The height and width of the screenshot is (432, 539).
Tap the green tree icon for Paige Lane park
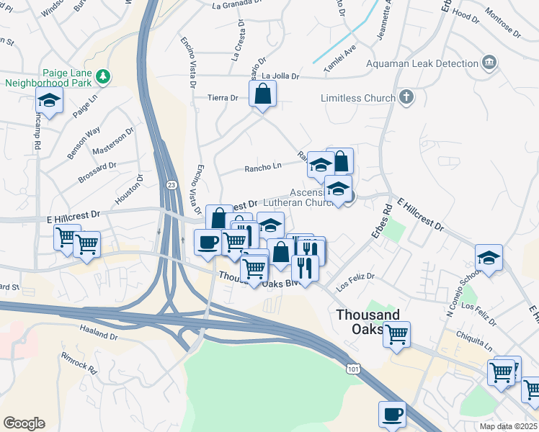[103, 75]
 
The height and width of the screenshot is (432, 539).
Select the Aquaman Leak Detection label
[422, 63]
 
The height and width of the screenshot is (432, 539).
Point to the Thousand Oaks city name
[367, 321]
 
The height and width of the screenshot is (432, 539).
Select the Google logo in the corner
[24, 423]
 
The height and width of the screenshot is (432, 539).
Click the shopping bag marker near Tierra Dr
[262, 94]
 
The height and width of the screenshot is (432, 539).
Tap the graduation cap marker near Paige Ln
[49, 101]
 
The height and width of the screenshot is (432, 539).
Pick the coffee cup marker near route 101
[392, 415]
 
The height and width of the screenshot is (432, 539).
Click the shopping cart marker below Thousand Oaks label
[396, 335]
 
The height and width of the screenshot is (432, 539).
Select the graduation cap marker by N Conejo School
[489, 258]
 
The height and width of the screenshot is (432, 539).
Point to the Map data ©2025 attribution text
[508, 426]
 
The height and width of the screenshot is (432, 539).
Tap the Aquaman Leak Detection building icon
[489, 63]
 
